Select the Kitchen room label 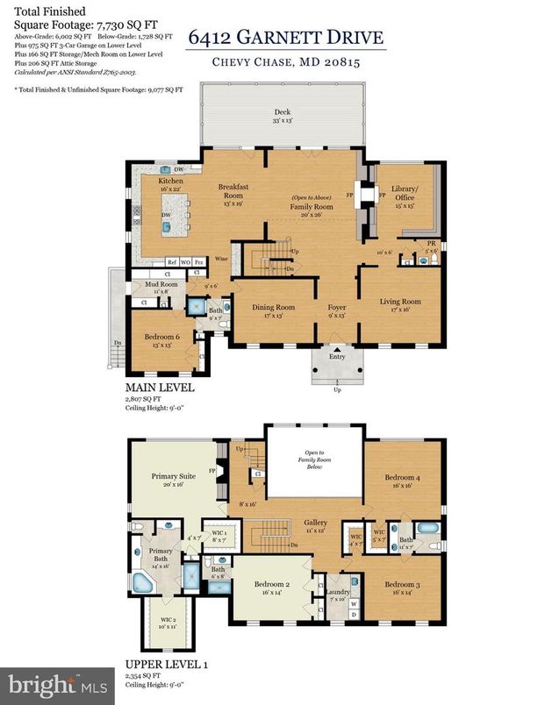point(170,181)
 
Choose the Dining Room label point(274,307)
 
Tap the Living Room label point(399,302)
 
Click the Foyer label point(337,307)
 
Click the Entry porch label point(338,356)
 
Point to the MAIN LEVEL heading point(160,387)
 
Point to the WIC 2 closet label point(167,622)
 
